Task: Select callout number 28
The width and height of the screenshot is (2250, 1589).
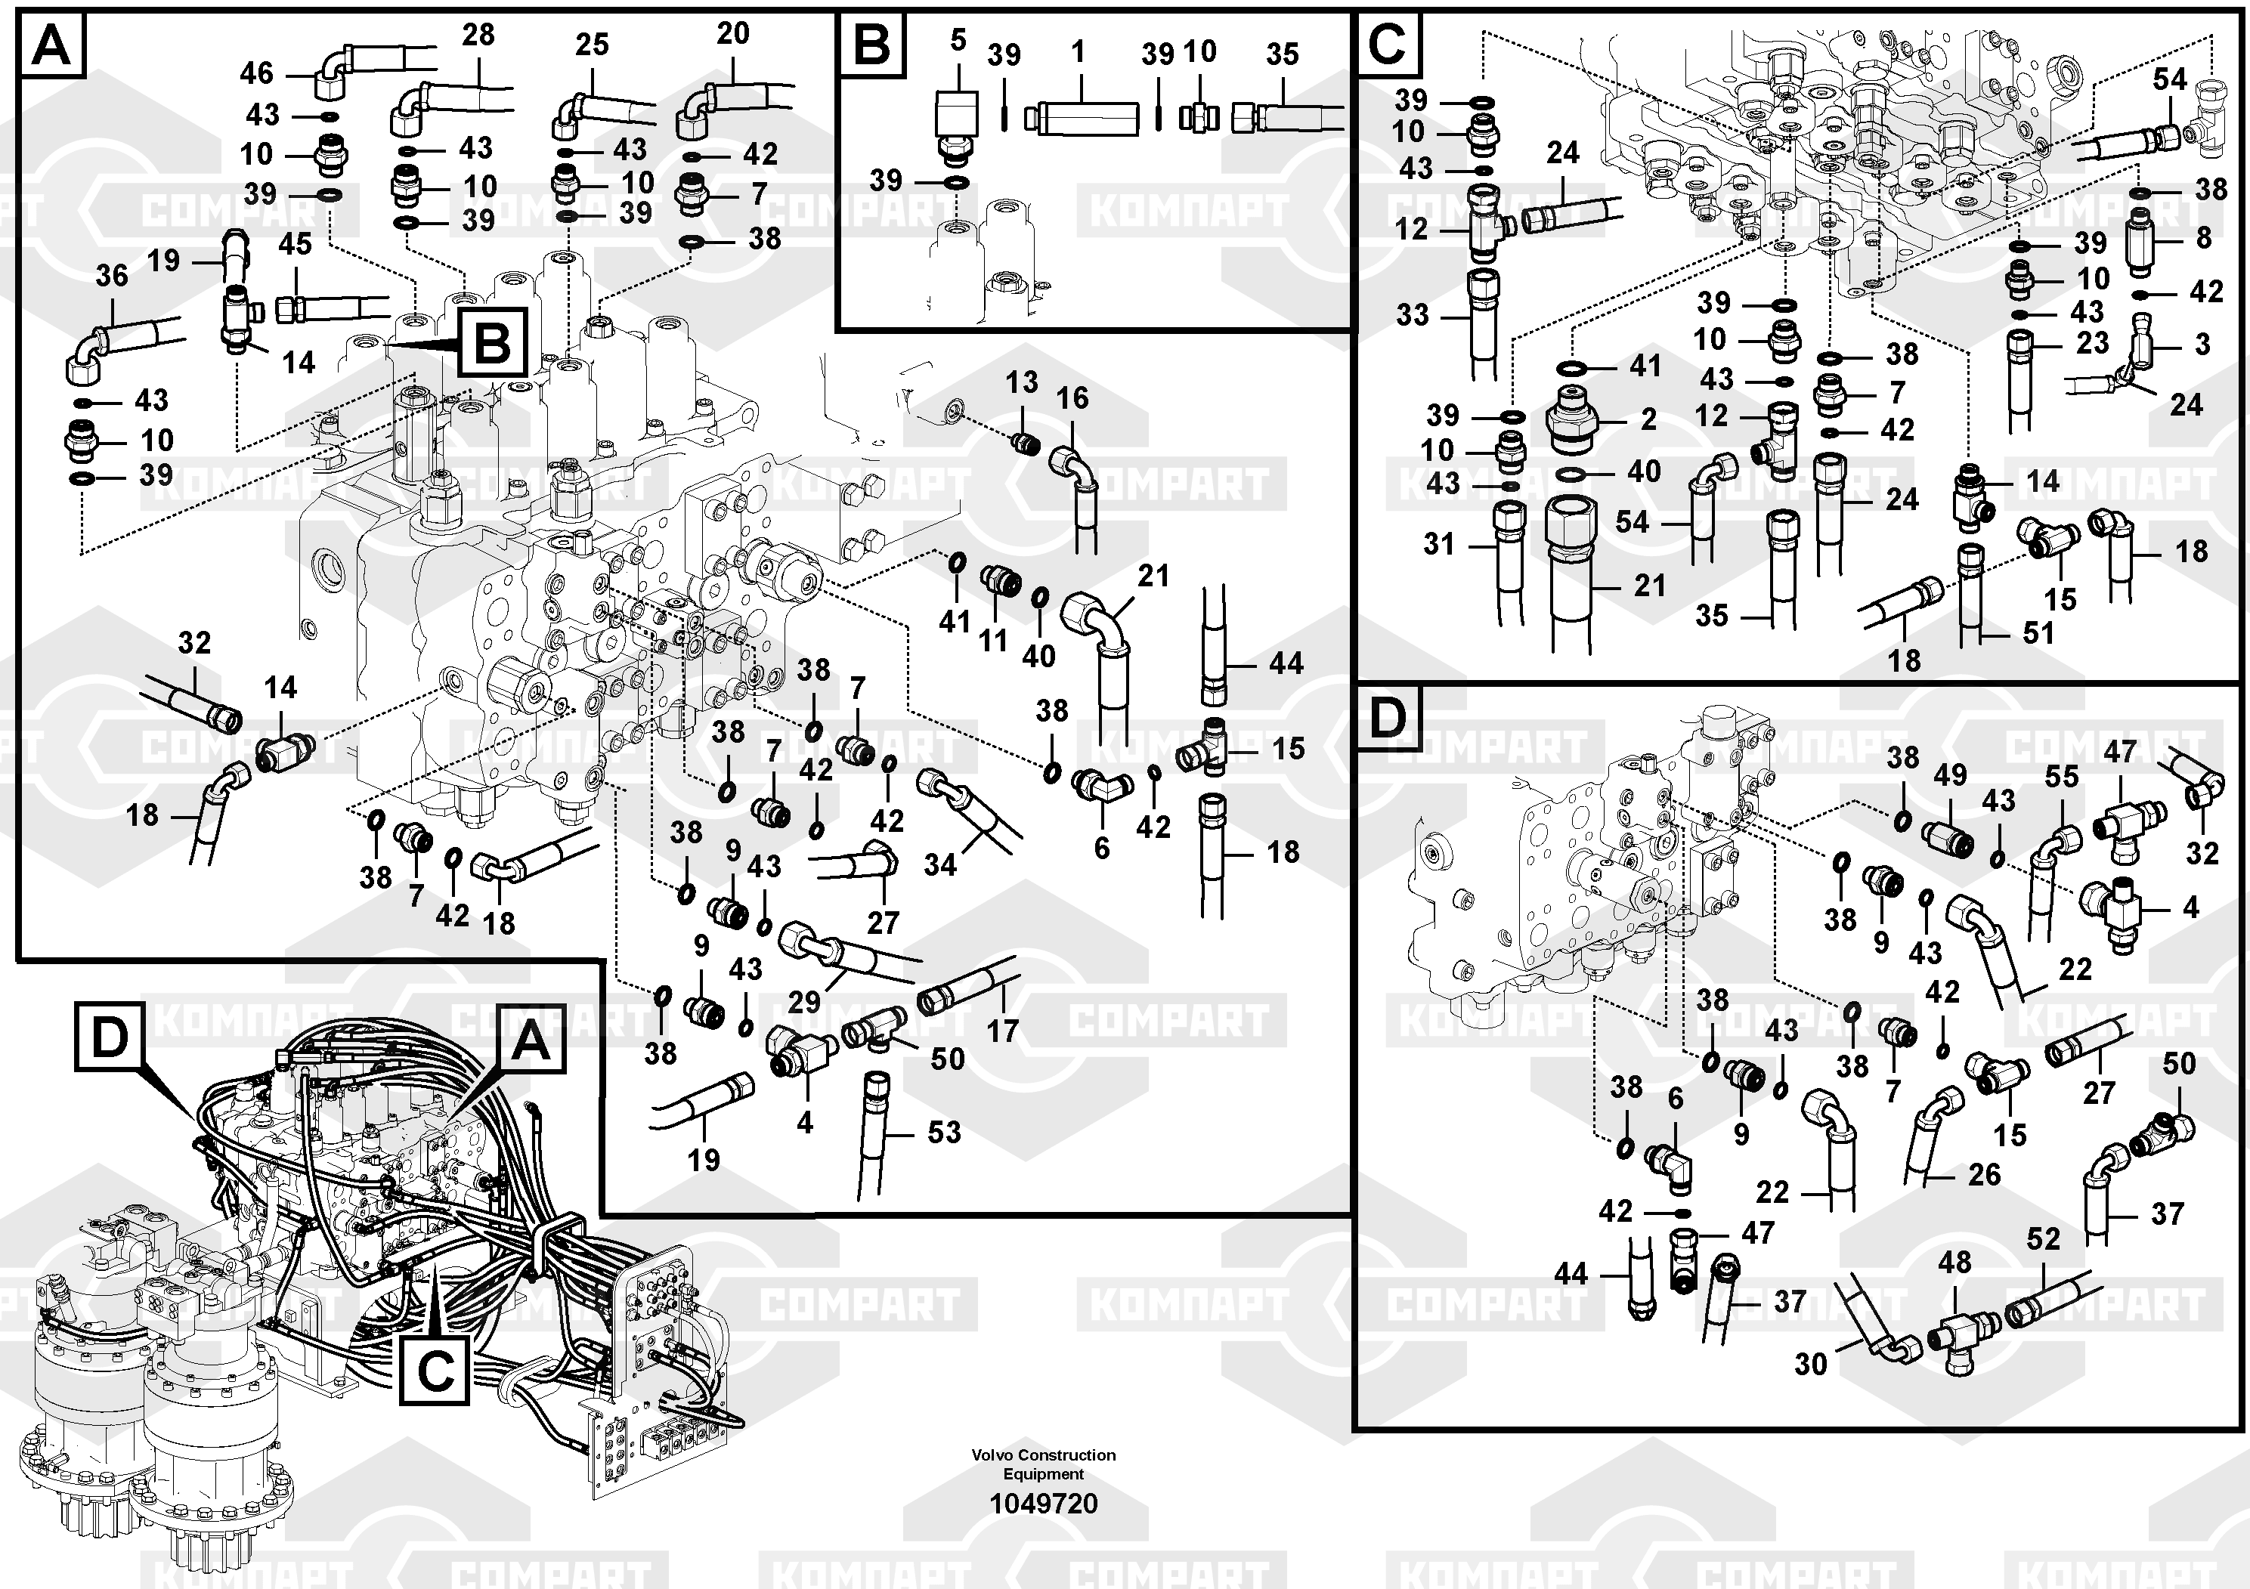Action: tap(478, 36)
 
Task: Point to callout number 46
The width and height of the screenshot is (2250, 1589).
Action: tap(257, 73)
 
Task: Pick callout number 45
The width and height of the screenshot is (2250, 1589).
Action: tap(295, 244)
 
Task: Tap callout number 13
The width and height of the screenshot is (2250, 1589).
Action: tap(1021, 382)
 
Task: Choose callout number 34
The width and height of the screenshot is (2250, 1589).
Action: tap(939, 864)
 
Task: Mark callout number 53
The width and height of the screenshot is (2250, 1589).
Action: tap(944, 1133)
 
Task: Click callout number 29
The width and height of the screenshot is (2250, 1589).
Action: tap(803, 1001)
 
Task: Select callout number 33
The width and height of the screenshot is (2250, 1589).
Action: tap(1412, 315)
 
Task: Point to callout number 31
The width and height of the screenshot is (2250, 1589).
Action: tap(1438, 544)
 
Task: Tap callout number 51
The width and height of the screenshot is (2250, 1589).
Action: tap(2038, 633)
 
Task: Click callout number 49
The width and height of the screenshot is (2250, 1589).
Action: tap(1949, 775)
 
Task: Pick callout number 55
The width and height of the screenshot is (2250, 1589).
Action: tap(2061, 777)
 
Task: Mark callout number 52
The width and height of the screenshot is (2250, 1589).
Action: tap(2043, 1239)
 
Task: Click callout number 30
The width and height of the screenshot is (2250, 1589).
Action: tap(1810, 1364)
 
